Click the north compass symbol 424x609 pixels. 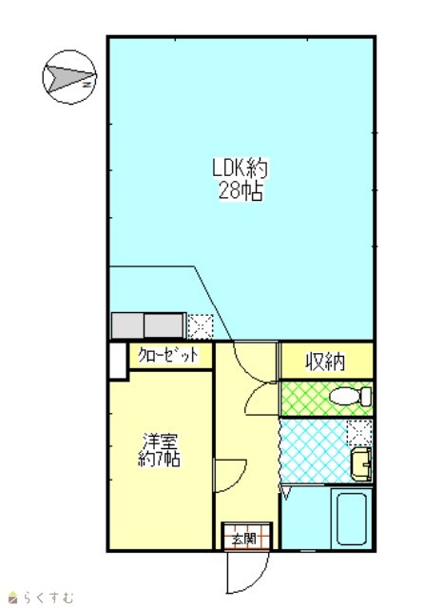[x=69, y=77]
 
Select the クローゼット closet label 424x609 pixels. [x=168, y=355]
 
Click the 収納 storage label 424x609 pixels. [x=325, y=362]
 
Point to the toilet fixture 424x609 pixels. [x=351, y=396]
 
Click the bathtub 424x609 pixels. [x=352, y=519]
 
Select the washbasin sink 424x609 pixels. [x=361, y=463]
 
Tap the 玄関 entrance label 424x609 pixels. [x=244, y=539]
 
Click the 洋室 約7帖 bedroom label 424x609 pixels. [x=159, y=450]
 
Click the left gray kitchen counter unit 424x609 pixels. [x=127, y=325]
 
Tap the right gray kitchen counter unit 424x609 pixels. [x=164, y=325]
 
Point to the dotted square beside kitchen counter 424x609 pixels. [x=201, y=326]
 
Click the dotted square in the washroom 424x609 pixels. [x=358, y=433]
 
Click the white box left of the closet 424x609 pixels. [x=118, y=360]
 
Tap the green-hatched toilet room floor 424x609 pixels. [x=326, y=399]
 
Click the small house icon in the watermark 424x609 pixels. [x=13, y=599]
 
